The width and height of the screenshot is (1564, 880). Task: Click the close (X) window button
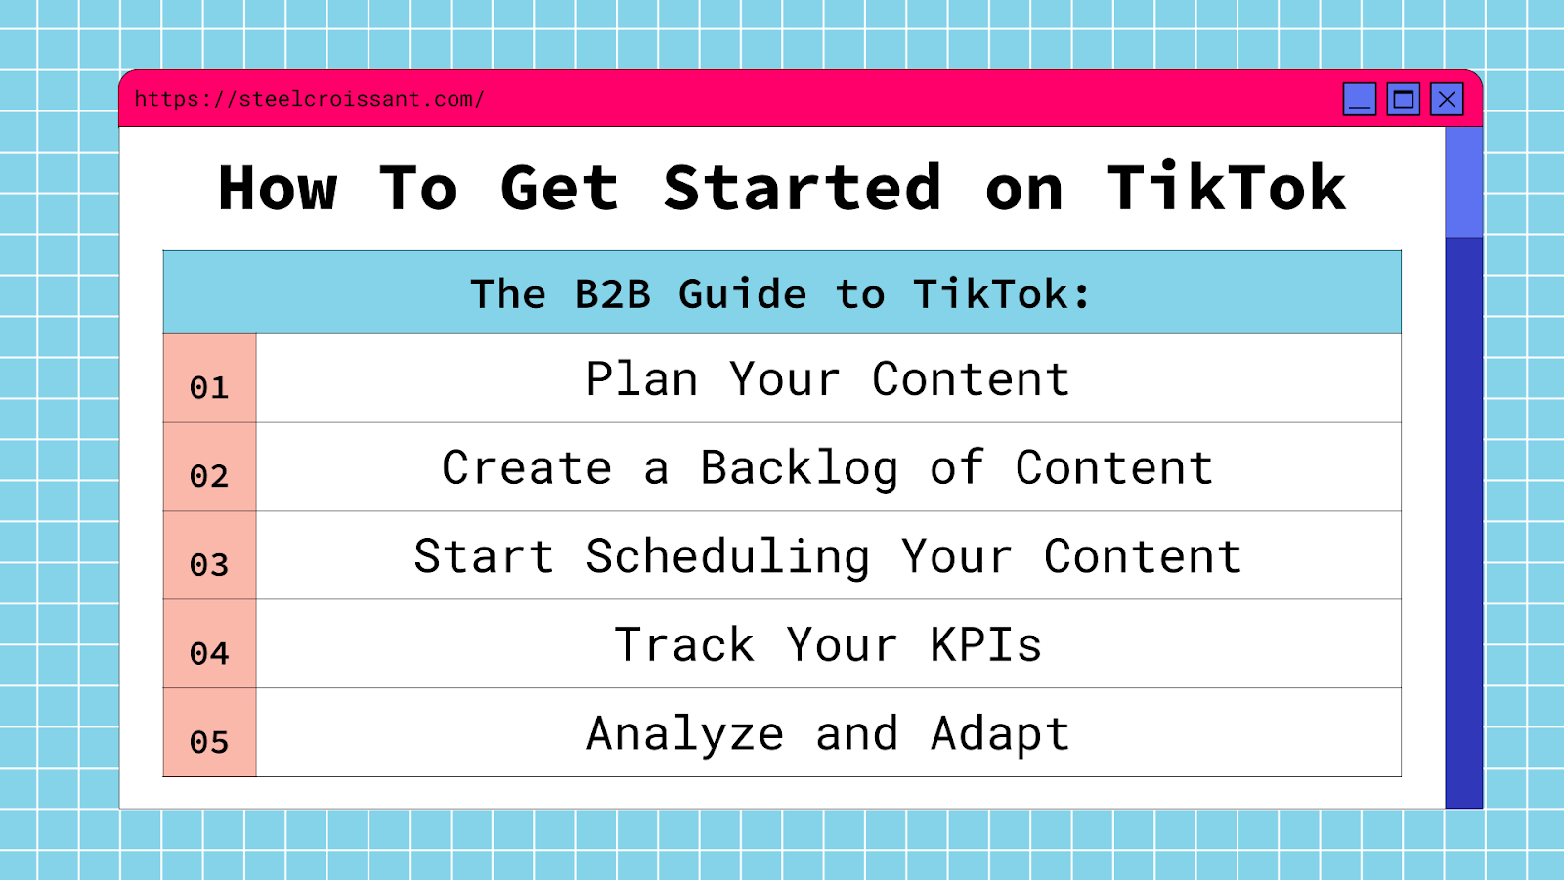1447,99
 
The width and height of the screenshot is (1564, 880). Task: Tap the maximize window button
1404,99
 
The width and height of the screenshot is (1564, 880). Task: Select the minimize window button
1360,99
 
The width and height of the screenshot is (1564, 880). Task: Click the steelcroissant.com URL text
309,99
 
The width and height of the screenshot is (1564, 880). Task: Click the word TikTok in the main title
1226,188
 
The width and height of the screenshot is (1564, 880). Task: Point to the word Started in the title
802,188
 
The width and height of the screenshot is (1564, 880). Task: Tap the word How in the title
278,188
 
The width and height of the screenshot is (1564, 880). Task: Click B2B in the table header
612,294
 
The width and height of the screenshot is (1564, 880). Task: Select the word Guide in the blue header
743,294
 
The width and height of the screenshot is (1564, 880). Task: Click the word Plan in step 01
642,379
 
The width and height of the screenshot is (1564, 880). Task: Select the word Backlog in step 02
799,468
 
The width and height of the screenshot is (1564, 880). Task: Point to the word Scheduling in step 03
727,557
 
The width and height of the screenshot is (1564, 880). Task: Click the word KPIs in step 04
985,645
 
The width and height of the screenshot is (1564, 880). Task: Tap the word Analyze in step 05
685,734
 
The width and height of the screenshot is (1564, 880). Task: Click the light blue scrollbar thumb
1463,182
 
